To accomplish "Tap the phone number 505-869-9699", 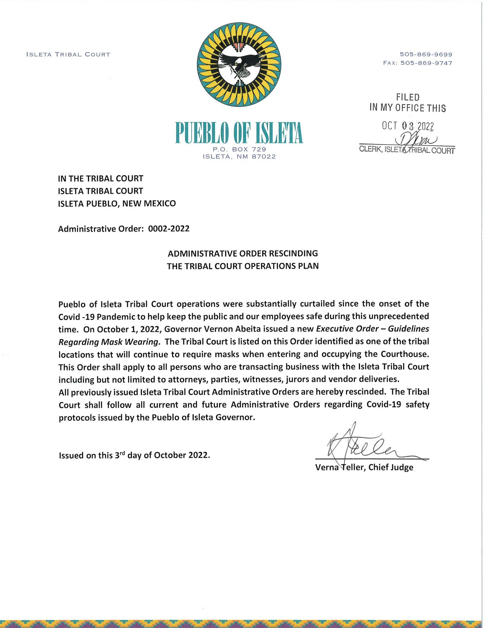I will (x=426, y=55).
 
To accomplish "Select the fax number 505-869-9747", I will (x=426, y=63).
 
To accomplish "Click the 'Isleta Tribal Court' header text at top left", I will (x=68, y=55).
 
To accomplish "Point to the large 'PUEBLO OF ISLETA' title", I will (x=239, y=133).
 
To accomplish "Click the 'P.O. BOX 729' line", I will (x=239, y=149).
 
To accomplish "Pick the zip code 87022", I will (x=264, y=157).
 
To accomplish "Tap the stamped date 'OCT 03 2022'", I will (x=408, y=126).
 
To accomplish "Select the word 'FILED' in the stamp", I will (x=408, y=97).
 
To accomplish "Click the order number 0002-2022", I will (x=169, y=229).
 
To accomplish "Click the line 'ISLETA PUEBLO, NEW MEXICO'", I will (x=117, y=204).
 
